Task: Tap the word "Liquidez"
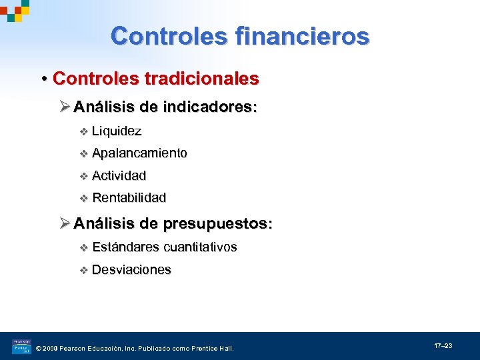(x=117, y=131)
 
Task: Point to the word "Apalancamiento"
(x=139, y=153)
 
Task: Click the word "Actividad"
(x=119, y=176)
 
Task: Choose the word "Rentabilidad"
(x=129, y=198)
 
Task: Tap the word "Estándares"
(x=126, y=247)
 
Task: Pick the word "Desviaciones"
(x=131, y=270)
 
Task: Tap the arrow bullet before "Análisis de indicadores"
(x=65, y=107)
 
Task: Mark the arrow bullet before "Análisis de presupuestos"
(x=65, y=223)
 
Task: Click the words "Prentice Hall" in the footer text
(x=212, y=348)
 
